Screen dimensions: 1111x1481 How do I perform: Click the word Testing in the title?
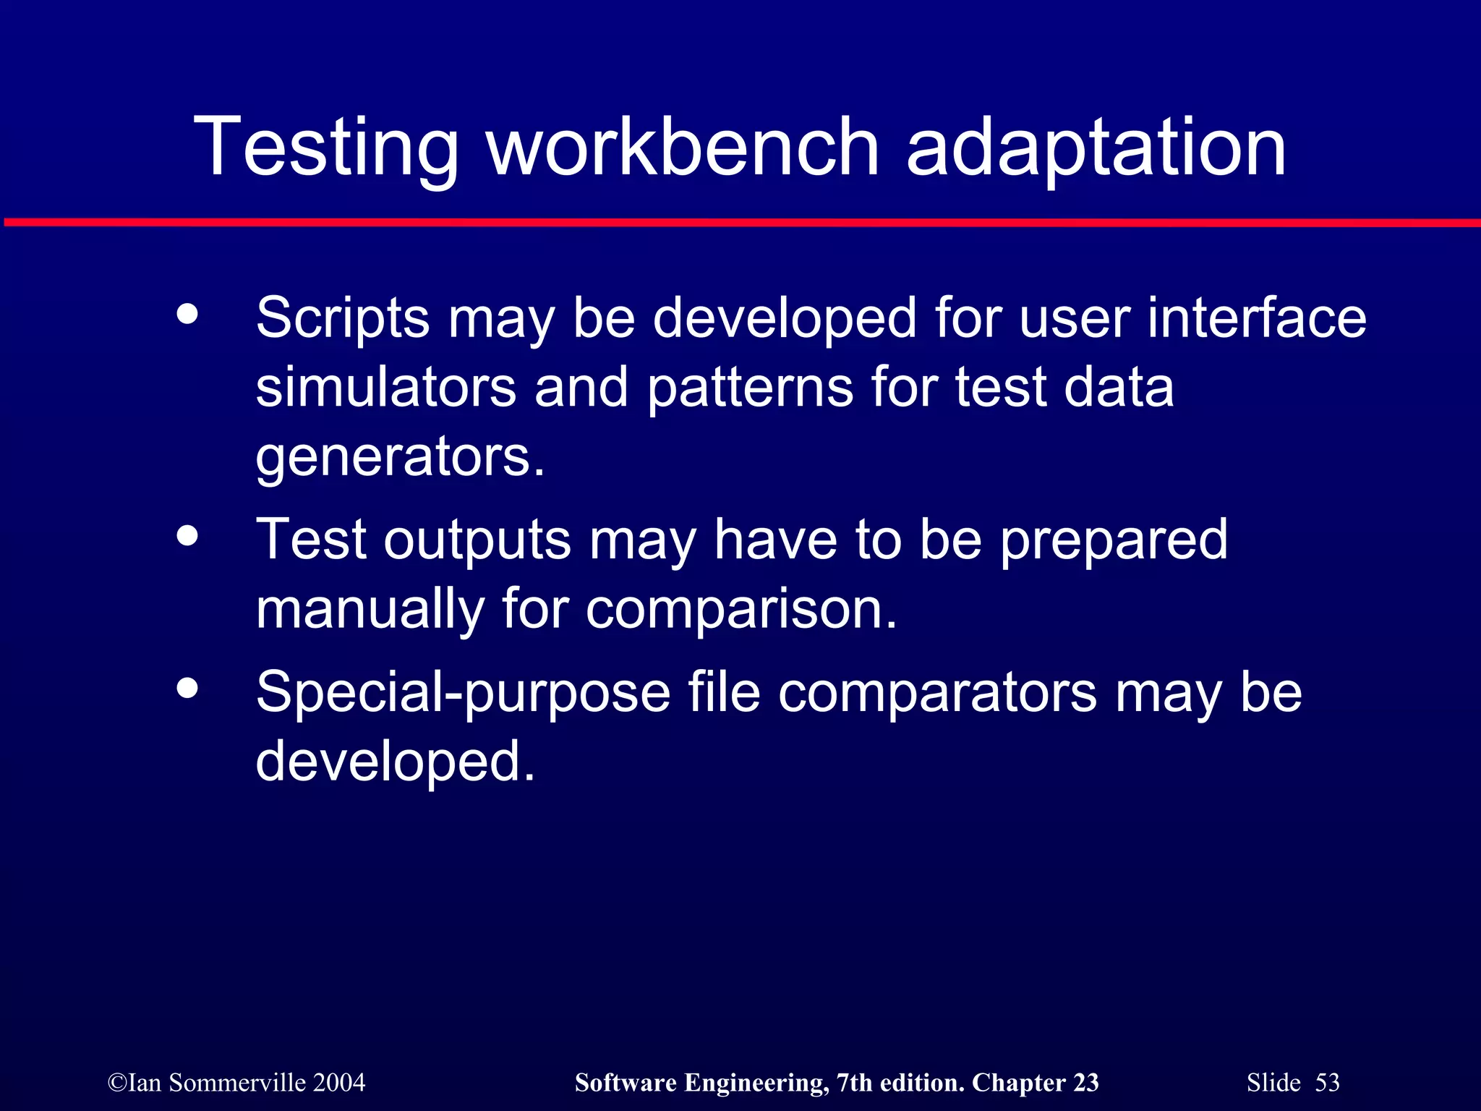click(x=325, y=148)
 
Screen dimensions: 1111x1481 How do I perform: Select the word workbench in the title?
click(x=683, y=148)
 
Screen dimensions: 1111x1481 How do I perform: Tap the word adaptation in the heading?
click(x=1096, y=148)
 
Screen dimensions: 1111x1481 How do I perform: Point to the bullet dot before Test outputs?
click(x=187, y=536)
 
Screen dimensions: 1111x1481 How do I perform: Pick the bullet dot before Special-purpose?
click(x=187, y=688)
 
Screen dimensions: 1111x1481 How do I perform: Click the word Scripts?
click(x=343, y=318)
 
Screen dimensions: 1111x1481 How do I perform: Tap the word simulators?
click(x=386, y=388)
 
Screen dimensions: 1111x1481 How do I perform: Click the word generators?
click(x=400, y=457)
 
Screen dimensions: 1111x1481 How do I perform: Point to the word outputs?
click(x=477, y=540)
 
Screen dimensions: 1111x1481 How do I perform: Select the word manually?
click(x=370, y=610)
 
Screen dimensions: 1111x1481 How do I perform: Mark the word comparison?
click(x=740, y=610)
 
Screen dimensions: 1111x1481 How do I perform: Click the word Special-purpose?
click(x=463, y=693)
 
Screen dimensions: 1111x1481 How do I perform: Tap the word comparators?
click(x=937, y=693)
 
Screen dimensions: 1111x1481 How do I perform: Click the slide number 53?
click(x=1327, y=1083)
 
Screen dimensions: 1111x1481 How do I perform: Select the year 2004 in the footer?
click(x=339, y=1083)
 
